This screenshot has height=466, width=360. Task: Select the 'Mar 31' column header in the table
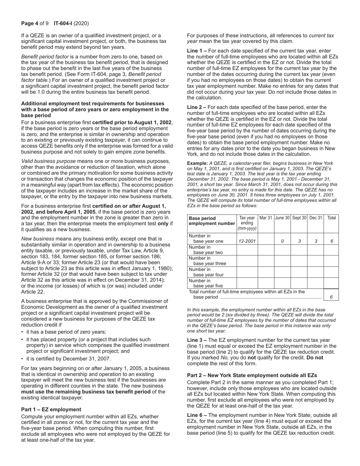coord(266,218)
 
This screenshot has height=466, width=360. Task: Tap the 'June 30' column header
coord(282,218)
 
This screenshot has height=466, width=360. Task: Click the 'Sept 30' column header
coord(299,218)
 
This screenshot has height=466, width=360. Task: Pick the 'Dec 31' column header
coord(315,218)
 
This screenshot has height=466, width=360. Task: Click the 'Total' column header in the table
coord(332,218)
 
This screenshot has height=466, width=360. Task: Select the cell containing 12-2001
coord(247,241)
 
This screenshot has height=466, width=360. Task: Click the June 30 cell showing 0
coord(282,241)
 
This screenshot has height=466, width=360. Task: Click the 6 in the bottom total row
coord(331,297)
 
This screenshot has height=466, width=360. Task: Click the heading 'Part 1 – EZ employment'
coord(51,410)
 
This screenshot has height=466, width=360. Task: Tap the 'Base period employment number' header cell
coord(211,221)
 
